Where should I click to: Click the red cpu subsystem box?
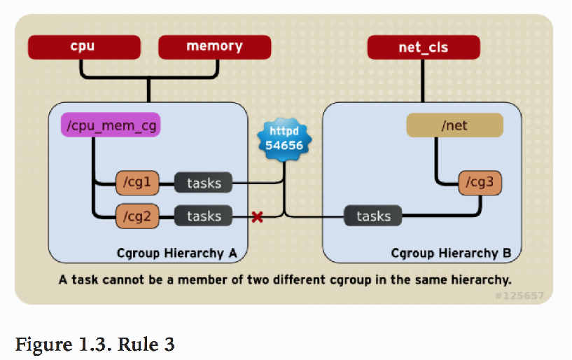pyautogui.click(x=82, y=48)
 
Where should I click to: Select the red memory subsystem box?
pyautogui.click(x=214, y=48)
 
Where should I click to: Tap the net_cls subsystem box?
pyautogui.click(x=423, y=48)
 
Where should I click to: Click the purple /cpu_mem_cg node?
pyautogui.click(x=111, y=126)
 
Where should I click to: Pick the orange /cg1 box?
pyautogui.click(x=137, y=184)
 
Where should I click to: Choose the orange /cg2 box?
pyautogui.click(x=137, y=216)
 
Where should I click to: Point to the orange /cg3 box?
pyautogui.click(x=480, y=184)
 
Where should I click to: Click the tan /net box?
pyautogui.click(x=454, y=126)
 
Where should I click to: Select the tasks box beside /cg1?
pyautogui.click(x=204, y=184)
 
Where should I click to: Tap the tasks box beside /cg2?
pyautogui.click(x=204, y=216)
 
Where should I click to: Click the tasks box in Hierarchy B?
pyautogui.click(x=373, y=216)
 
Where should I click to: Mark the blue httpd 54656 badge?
pyautogui.click(x=284, y=139)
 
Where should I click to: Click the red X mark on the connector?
pyautogui.click(x=257, y=217)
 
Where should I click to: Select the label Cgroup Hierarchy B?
pyautogui.click(x=451, y=253)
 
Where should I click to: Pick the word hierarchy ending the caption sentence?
pyautogui.click(x=483, y=280)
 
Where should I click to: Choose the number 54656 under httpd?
pyautogui.click(x=284, y=146)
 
